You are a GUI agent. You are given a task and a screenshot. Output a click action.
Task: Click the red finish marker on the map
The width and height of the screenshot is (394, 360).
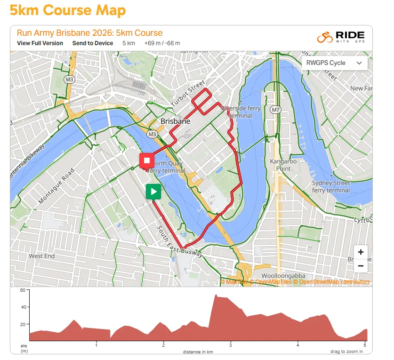tap(147, 161)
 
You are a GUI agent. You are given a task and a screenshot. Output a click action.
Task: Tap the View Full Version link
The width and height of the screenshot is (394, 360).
tap(40, 43)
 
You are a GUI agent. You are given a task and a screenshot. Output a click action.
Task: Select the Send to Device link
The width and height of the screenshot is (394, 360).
tap(93, 43)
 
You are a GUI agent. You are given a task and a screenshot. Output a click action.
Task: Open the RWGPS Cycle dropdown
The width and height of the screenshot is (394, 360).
tap(334, 63)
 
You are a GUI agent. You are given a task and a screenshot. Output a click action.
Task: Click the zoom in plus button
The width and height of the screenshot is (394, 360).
tap(361, 252)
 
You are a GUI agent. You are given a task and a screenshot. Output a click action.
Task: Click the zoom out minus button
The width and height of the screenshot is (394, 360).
tap(361, 266)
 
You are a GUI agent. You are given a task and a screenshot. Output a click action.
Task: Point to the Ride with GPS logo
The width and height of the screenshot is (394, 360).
tap(340, 38)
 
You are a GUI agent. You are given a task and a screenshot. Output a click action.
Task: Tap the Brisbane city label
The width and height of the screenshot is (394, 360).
tap(176, 121)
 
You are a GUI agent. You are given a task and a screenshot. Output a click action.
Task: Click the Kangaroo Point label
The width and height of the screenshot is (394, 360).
tap(283, 165)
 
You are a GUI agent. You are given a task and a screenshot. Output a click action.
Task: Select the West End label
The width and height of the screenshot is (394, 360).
tap(42, 256)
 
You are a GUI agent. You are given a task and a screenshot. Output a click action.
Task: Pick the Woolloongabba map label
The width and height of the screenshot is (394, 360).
tap(283, 275)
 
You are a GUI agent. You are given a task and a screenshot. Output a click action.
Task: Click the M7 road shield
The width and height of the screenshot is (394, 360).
tap(275, 110)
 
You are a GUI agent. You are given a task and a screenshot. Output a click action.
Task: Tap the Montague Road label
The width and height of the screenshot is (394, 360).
tap(56, 187)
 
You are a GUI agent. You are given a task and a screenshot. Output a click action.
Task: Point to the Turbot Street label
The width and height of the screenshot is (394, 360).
tap(188, 93)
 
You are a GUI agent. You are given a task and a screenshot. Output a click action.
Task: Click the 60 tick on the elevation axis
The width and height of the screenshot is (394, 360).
tap(22, 290)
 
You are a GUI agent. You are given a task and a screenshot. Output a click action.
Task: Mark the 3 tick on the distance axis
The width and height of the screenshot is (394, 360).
tap(231, 345)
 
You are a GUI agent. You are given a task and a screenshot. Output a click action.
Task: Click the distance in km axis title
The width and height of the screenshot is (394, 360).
tap(198, 352)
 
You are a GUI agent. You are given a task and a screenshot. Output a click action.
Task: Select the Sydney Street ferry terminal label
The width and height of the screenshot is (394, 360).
tap(331, 186)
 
